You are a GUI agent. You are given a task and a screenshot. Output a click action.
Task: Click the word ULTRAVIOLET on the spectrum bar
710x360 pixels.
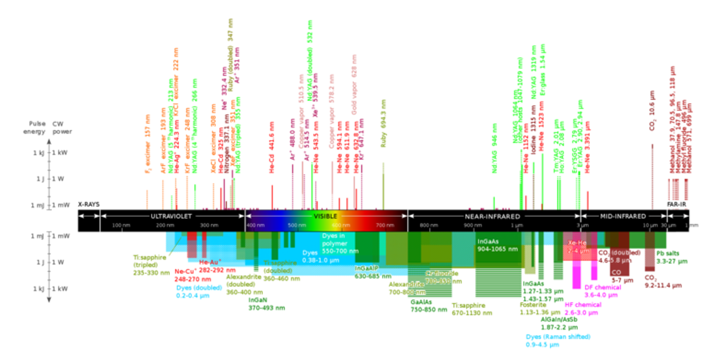pos(172,216)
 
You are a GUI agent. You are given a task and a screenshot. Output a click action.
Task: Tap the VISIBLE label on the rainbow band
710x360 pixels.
pos(326,216)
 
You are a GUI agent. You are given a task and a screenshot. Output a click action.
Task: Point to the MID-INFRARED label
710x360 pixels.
pos(623,216)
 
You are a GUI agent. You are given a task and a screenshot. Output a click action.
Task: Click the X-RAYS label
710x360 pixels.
pos(89,205)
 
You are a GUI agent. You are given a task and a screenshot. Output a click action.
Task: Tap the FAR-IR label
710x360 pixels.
pos(676,205)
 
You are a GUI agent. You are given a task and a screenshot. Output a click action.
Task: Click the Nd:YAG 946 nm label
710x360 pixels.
pos(495,148)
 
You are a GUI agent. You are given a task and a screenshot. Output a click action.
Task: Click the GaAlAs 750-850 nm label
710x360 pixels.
pos(429,306)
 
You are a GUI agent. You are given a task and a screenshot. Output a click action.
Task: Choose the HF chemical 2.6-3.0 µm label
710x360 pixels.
pos(583,309)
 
